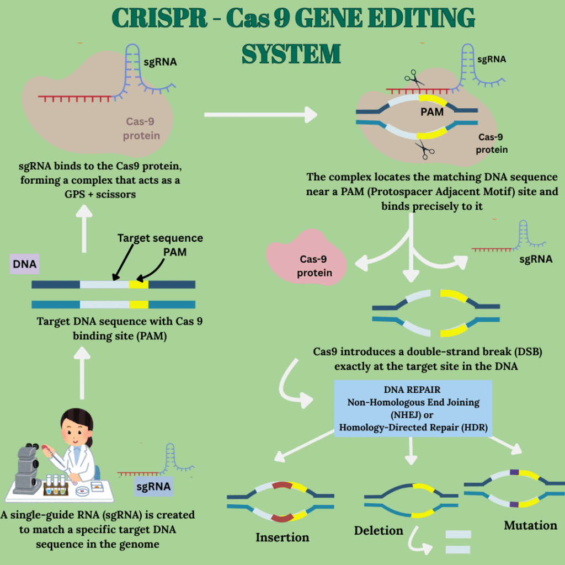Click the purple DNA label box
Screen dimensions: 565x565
click(24, 264)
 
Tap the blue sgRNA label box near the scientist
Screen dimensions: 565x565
click(153, 487)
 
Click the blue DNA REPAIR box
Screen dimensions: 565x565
click(413, 409)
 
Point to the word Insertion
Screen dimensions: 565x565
click(282, 537)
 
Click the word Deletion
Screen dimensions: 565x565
click(379, 530)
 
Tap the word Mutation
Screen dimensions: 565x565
click(530, 525)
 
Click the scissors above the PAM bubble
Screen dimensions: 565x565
click(413, 79)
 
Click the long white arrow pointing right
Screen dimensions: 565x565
click(260, 115)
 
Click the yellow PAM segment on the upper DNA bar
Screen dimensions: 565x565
click(138, 285)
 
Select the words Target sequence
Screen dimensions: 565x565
click(160, 238)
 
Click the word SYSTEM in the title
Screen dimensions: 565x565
click(291, 54)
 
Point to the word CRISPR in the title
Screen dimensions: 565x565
click(159, 18)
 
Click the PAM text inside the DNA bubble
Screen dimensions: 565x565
click(432, 112)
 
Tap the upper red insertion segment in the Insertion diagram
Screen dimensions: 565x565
click(282, 485)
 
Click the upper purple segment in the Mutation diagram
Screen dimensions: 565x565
click(515, 472)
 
